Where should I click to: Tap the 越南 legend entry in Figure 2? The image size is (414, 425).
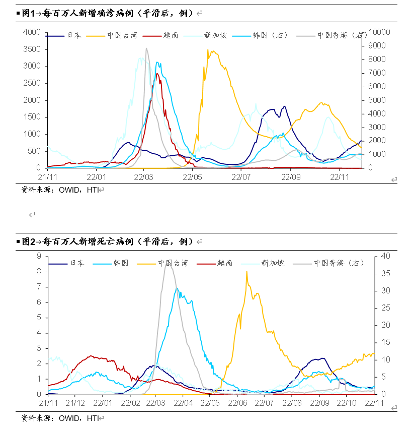[x=225, y=263]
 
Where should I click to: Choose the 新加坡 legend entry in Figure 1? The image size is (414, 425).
[x=215, y=36]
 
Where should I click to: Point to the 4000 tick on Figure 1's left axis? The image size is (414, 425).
[x=32, y=32]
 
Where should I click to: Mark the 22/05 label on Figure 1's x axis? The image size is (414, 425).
[x=192, y=177]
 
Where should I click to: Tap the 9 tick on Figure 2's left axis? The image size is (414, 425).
[x=39, y=256]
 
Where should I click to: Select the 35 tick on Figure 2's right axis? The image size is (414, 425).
[x=384, y=273]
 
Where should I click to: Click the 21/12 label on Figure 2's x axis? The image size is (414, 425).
[x=75, y=403]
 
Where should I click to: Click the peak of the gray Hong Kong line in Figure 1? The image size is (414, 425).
[x=146, y=48]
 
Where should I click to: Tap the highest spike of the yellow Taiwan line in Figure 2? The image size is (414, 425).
[x=246, y=272]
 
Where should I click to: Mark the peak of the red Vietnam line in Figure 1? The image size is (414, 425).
[x=157, y=74]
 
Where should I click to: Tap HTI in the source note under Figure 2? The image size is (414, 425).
[x=93, y=418]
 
